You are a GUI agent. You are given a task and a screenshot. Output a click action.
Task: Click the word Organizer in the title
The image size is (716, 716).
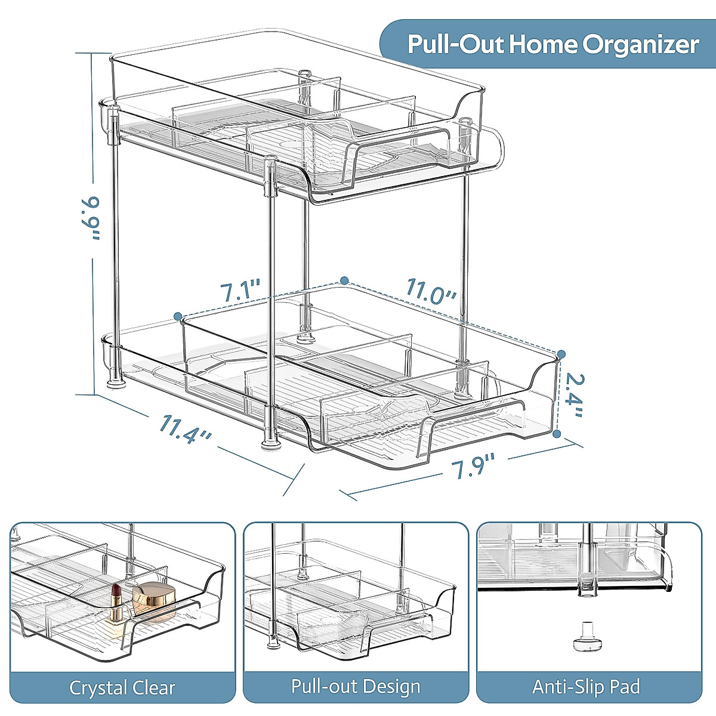point(641,44)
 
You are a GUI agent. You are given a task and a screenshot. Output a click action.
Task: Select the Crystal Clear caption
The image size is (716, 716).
point(122,687)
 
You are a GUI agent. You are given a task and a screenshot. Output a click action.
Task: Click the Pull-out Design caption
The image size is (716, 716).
point(356,686)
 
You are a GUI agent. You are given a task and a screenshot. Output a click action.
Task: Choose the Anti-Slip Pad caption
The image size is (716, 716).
point(587,687)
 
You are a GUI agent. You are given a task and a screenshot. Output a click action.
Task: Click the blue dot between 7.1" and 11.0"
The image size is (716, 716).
point(344,280)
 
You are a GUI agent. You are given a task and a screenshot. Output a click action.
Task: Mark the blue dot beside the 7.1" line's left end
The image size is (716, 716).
point(177,315)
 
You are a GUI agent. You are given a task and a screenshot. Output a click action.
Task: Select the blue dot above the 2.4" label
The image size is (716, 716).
point(561,354)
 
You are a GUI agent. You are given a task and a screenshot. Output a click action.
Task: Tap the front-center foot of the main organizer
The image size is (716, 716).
point(270,444)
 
